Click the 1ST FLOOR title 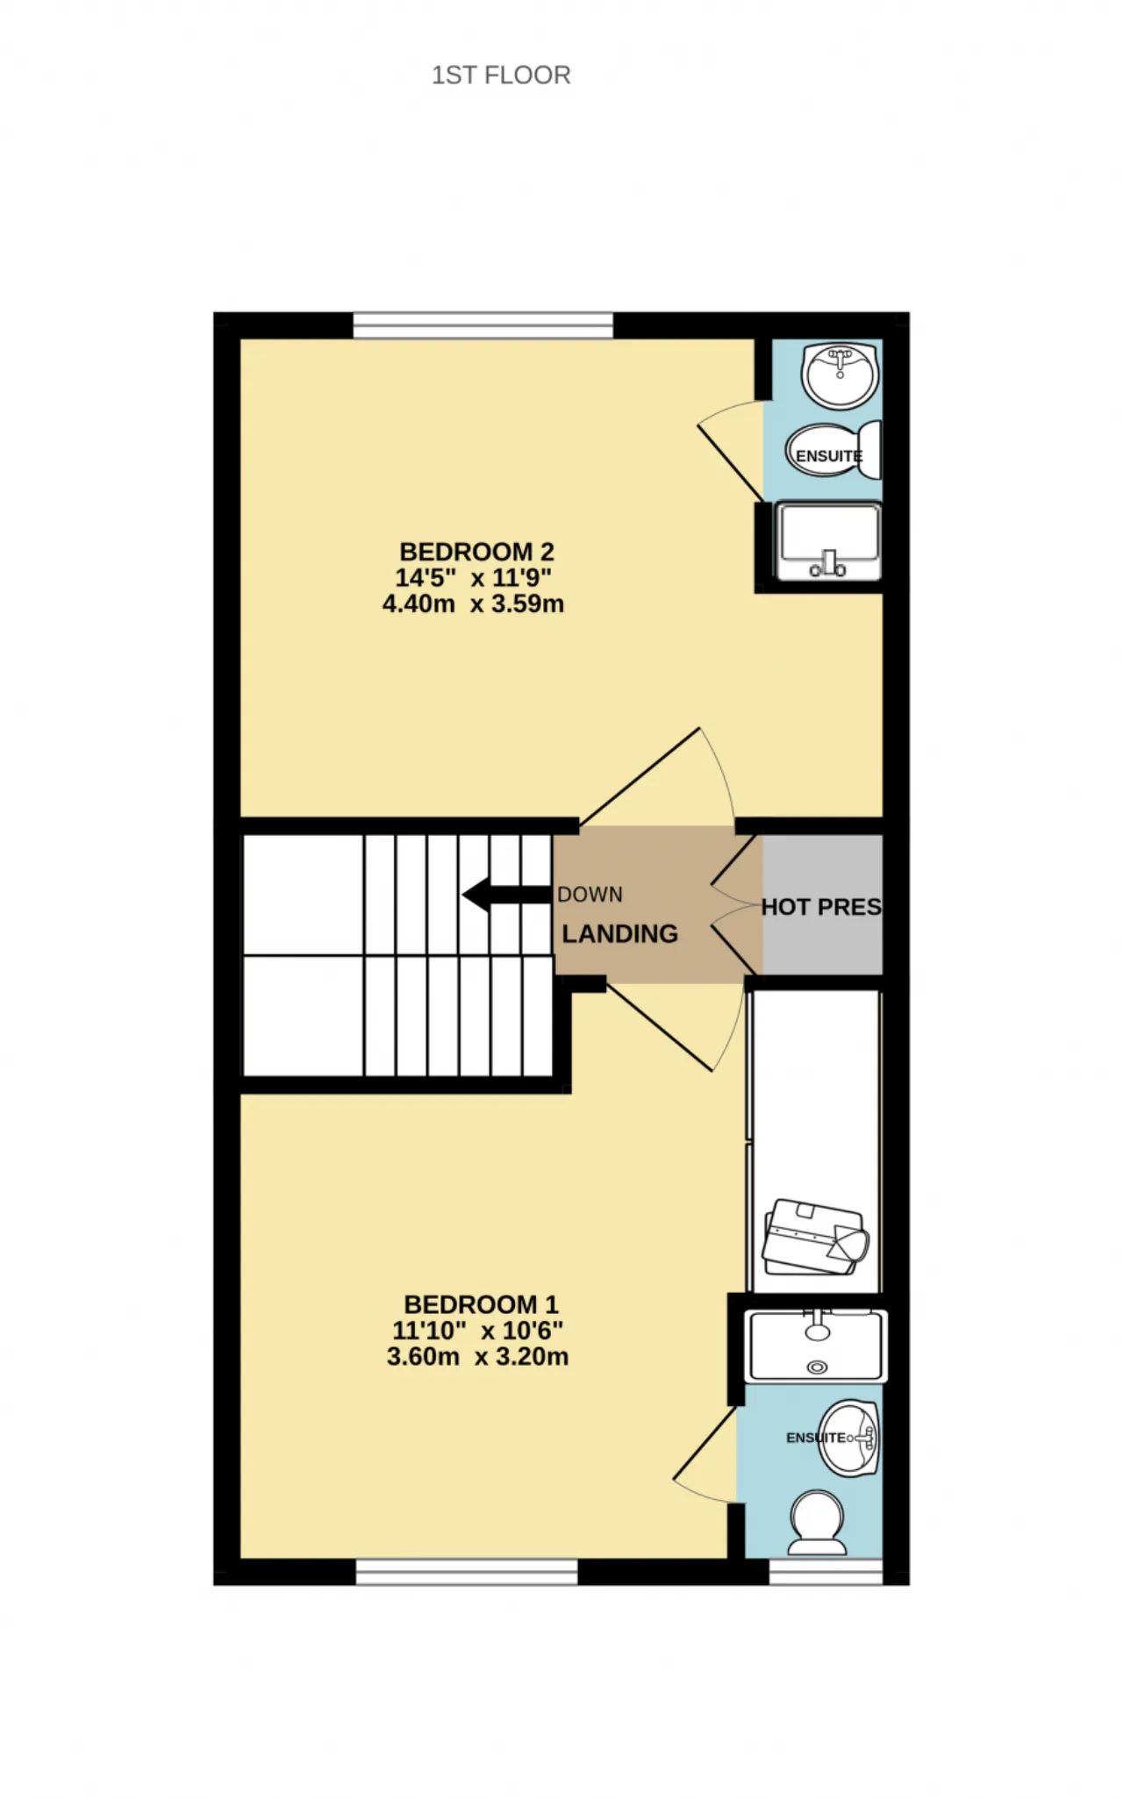click(501, 75)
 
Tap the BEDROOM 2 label click(476, 552)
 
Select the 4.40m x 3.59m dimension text click(473, 603)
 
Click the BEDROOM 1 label click(481, 1304)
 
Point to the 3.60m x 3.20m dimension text click(477, 1356)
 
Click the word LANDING click(619, 934)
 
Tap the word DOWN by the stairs click(590, 895)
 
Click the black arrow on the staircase click(507, 896)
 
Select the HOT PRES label click(821, 907)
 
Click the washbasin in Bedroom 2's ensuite click(840, 375)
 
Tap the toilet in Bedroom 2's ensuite click(833, 451)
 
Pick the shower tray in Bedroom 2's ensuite click(828, 541)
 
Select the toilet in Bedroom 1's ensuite click(818, 1524)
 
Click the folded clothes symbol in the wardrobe click(815, 1237)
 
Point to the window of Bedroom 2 click(483, 325)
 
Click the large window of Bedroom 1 click(467, 1572)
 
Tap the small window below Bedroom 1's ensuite click(826, 1572)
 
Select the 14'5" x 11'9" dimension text click(473, 578)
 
